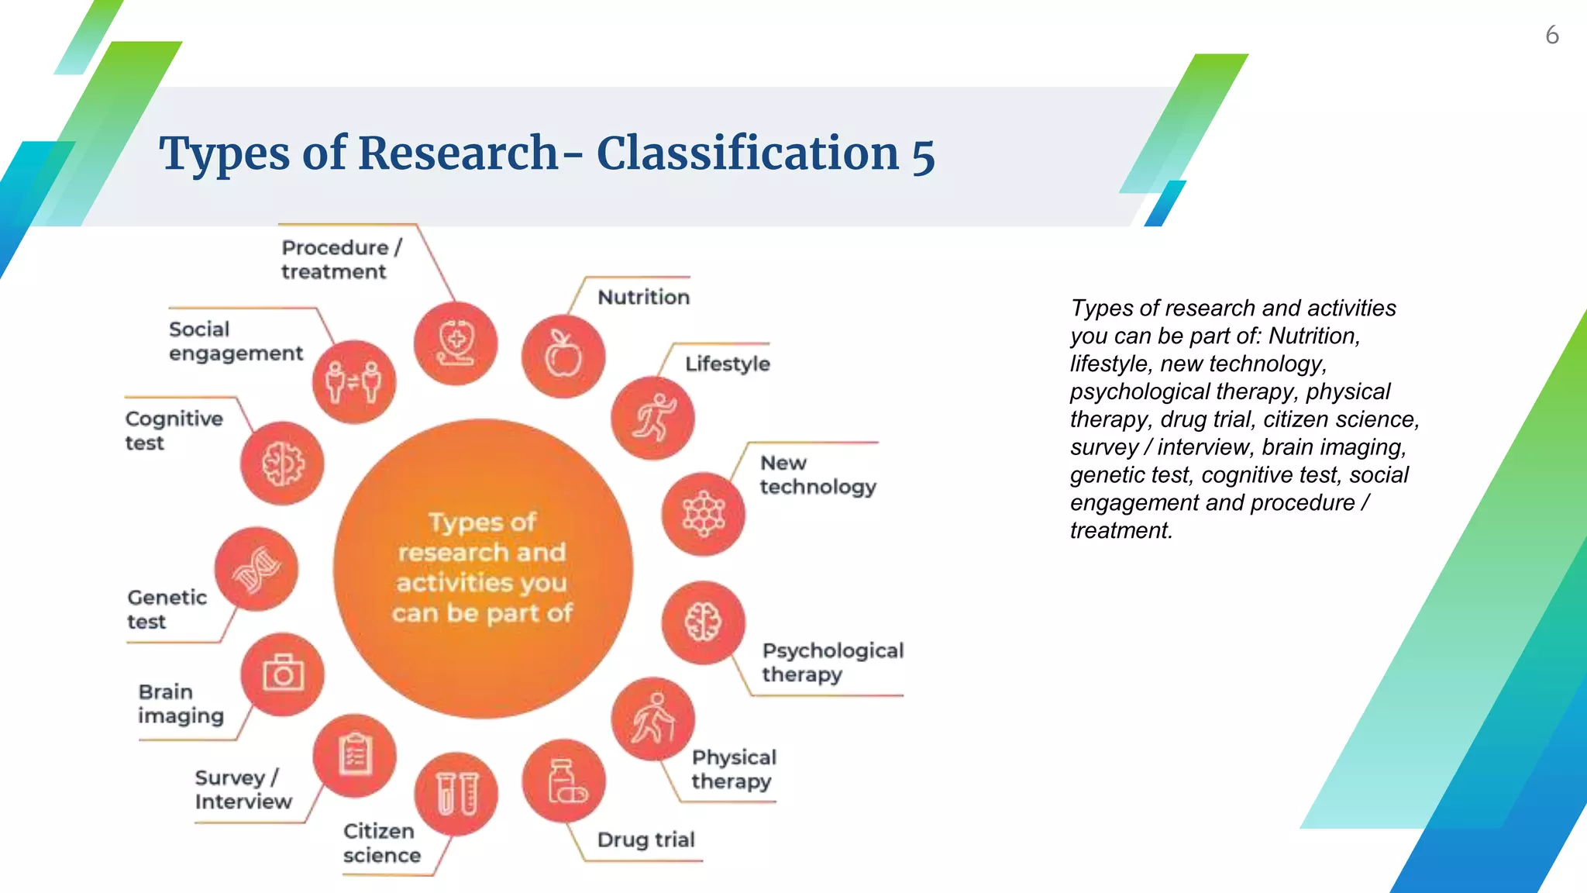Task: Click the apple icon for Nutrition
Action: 563,357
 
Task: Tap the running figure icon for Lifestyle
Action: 652,419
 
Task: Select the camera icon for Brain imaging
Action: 282,674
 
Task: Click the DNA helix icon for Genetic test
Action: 256,570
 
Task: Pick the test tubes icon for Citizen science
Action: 456,794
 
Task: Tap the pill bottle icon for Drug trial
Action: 564,781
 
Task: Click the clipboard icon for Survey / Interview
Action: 355,756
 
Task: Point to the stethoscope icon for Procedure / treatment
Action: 456,344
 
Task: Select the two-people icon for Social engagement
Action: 354,382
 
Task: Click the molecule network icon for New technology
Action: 704,514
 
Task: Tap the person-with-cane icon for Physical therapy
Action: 652,719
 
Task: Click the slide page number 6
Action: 1551,36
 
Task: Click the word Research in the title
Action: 458,153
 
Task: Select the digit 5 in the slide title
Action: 923,154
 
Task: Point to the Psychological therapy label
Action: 832,662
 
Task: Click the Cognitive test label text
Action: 174,430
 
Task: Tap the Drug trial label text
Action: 645,840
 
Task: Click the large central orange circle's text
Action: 482,567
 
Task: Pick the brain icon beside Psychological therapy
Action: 704,622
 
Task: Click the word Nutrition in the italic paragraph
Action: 1313,336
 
